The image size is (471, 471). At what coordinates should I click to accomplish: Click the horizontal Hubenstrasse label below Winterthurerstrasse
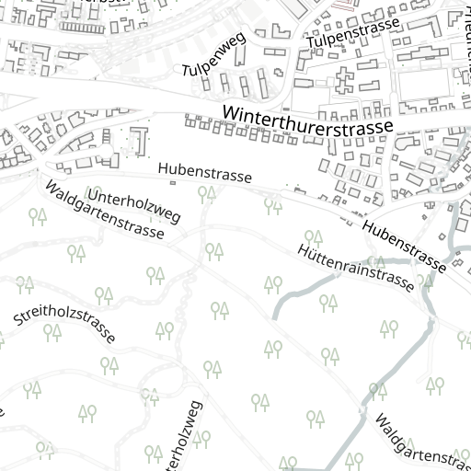tap(204, 172)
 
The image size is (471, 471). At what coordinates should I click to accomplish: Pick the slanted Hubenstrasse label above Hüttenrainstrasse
tap(404, 247)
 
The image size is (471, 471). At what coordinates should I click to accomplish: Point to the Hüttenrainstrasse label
tap(355, 268)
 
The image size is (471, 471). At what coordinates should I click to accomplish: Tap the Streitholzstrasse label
tap(64, 327)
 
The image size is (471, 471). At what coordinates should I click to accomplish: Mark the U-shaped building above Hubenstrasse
tap(139, 141)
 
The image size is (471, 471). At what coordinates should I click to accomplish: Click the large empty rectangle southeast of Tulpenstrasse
tap(422, 86)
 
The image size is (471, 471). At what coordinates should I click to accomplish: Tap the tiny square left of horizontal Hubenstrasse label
tap(172, 182)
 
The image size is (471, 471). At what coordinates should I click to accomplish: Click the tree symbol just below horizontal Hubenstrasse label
tap(207, 193)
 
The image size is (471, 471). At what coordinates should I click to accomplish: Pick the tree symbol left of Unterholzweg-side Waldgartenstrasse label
tap(38, 216)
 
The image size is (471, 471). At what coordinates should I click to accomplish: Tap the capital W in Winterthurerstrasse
tap(232, 113)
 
